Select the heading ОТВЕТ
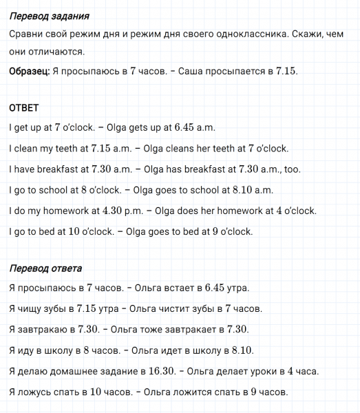coord(25,109)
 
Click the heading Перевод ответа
coord(46,268)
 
